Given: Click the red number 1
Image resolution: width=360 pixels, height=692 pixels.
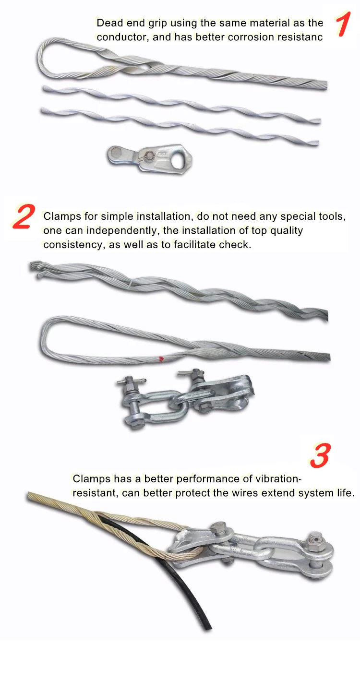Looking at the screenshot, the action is [x=343, y=24].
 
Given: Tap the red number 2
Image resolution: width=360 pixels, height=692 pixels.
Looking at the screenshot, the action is [x=23, y=216].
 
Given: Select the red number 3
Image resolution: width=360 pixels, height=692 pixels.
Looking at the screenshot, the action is [x=321, y=455].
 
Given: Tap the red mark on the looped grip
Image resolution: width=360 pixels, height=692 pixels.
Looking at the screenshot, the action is [x=161, y=358].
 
